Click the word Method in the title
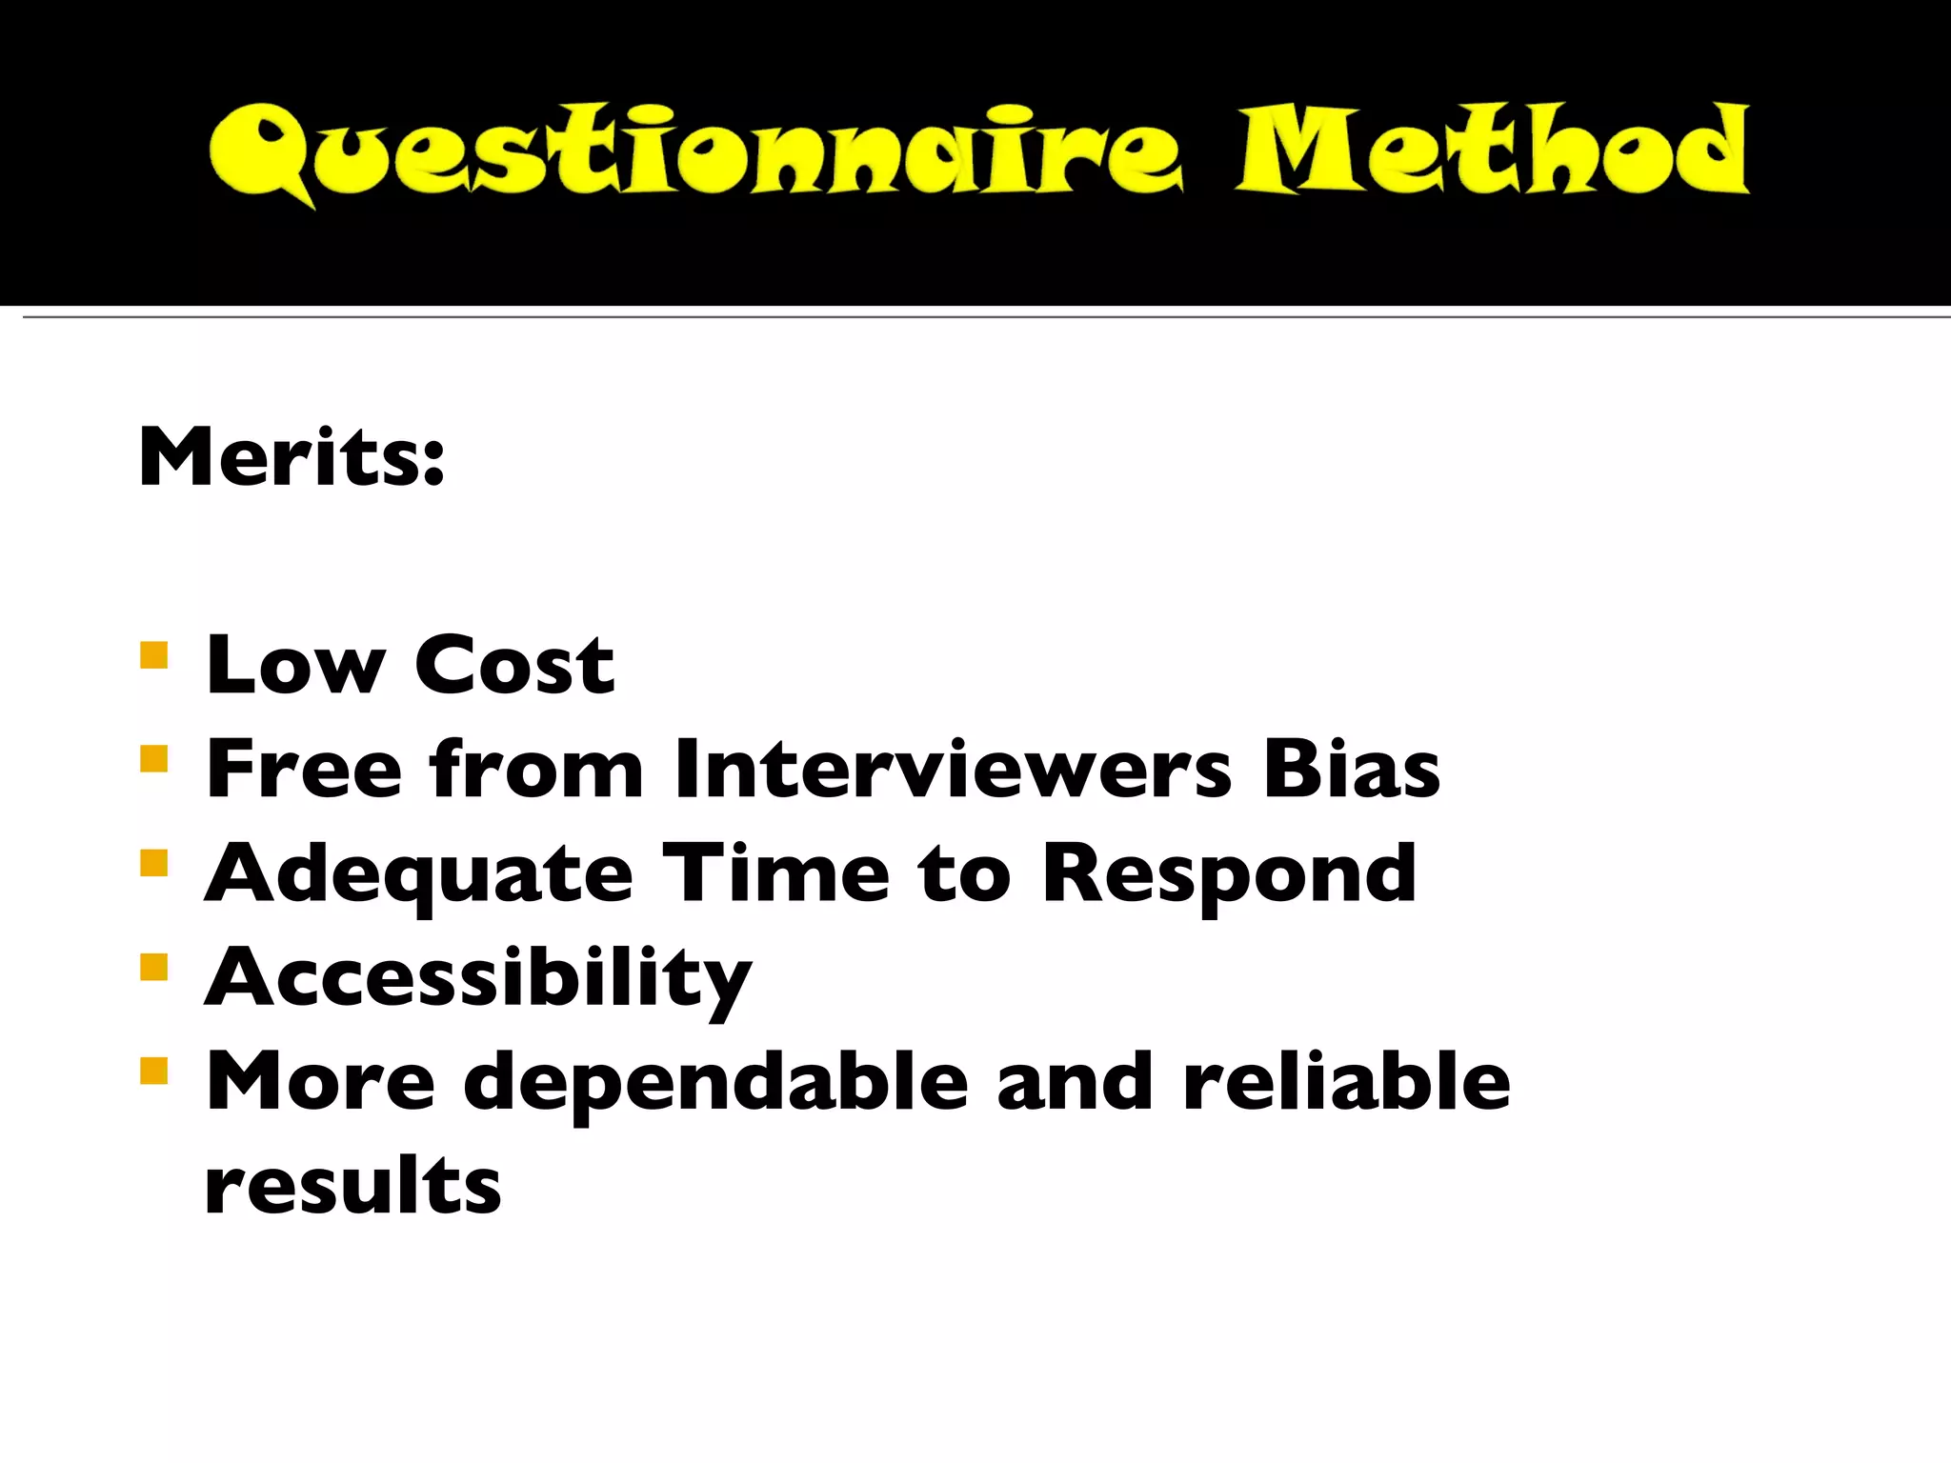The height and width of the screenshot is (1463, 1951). [x=1493, y=150]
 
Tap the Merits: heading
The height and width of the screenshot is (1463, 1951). [x=292, y=458]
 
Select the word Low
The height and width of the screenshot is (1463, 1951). [x=296, y=665]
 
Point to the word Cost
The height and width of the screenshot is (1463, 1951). [x=514, y=665]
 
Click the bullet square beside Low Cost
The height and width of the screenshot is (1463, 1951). [x=153, y=655]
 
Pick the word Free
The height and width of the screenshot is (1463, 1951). [x=305, y=769]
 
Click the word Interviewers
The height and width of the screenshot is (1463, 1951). [x=954, y=769]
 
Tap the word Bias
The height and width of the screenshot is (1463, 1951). [x=1352, y=769]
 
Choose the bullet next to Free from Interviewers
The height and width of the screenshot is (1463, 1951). [x=153, y=759]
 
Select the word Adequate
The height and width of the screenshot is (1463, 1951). [x=419, y=873]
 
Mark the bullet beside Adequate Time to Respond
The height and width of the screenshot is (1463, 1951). [x=153, y=863]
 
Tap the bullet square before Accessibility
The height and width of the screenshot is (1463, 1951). [x=153, y=968]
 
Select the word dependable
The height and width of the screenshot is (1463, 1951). [x=715, y=1081]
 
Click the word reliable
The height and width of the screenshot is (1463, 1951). [x=1346, y=1081]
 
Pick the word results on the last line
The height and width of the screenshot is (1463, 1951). [x=352, y=1186]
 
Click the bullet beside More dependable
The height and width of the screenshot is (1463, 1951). [x=153, y=1072]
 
